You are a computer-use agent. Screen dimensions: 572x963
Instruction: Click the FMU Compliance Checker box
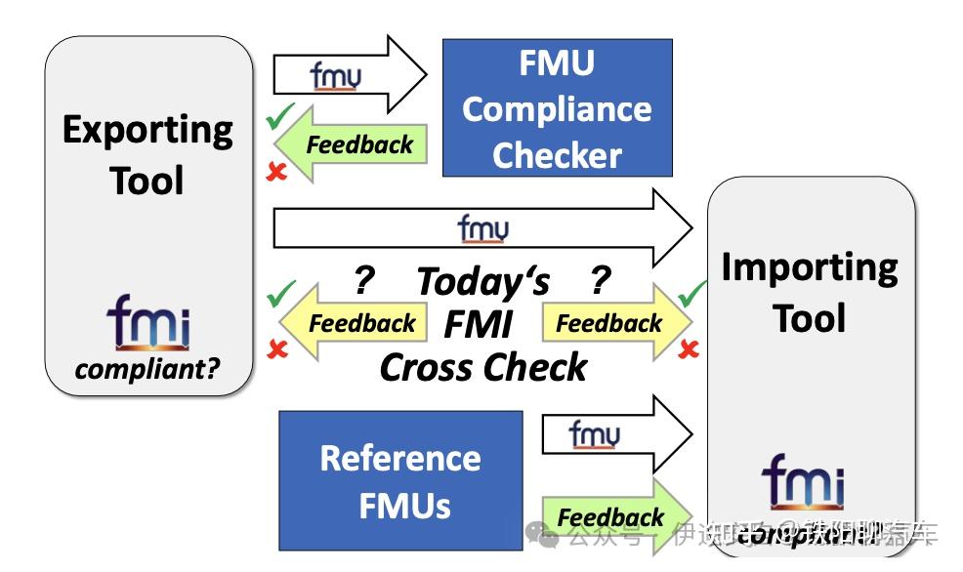[557, 107]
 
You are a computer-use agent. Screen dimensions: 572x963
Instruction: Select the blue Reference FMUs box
[400, 480]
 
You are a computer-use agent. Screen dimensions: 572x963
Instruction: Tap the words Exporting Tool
[147, 154]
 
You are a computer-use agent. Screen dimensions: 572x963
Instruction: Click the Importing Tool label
[809, 292]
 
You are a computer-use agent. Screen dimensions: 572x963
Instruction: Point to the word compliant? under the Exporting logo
[148, 370]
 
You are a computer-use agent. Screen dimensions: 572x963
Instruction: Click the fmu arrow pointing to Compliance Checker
[350, 75]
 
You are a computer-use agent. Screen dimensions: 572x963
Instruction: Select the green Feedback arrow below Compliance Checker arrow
[352, 145]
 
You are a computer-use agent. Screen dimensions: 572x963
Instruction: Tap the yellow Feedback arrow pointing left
[356, 323]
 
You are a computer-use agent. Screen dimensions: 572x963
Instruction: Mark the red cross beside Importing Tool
[689, 349]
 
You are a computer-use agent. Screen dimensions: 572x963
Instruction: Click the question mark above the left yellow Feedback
[363, 281]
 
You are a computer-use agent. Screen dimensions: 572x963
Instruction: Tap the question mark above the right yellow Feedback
[599, 281]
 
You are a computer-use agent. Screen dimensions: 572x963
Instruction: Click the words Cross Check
[483, 367]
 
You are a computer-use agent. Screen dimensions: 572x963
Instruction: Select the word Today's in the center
[483, 282]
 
